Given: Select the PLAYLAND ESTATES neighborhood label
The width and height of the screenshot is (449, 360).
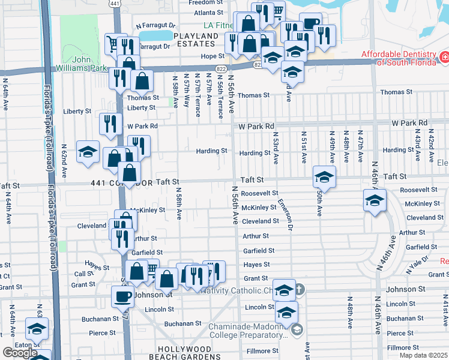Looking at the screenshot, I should (196, 40).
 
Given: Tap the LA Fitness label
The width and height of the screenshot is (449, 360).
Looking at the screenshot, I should (220, 26).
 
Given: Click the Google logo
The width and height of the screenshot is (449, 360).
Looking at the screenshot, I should (19, 353).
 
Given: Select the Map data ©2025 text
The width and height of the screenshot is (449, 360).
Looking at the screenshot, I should (423, 355).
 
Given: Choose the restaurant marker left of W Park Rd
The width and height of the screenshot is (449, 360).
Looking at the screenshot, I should (110, 124).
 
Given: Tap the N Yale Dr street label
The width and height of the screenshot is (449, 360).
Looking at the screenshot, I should (417, 263).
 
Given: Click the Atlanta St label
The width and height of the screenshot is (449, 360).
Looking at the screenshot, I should (209, 12).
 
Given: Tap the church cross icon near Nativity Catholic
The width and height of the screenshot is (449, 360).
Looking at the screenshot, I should (298, 290).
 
